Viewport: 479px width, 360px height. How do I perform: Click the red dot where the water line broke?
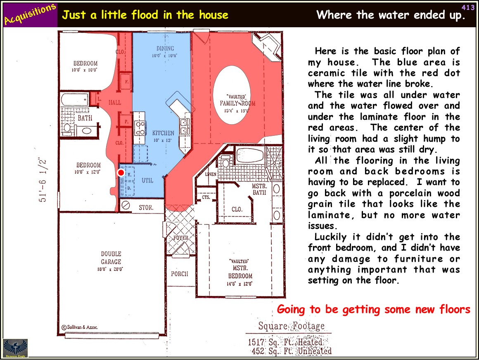click(x=121, y=173)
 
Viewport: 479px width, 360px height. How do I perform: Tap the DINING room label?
click(x=165, y=48)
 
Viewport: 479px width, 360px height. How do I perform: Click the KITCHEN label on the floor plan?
click(x=163, y=133)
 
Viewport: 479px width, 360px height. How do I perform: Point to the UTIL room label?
click(x=147, y=180)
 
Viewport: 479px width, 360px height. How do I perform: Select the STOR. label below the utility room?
click(x=146, y=208)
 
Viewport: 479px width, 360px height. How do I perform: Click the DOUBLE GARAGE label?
click(x=111, y=258)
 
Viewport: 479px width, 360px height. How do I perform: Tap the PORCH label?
click(x=180, y=274)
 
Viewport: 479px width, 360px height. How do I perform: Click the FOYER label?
click(x=181, y=237)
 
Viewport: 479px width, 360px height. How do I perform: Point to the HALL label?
click(x=115, y=103)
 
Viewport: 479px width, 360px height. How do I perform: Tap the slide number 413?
click(x=468, y=7)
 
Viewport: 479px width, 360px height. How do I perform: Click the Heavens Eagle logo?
click(x=15, y=348)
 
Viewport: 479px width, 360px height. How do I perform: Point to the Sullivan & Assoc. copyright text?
click(x=80, y=327)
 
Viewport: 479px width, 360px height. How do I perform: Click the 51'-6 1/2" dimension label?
click(x=43, y=180)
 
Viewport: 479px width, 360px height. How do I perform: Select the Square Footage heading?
click(x=292, y=326)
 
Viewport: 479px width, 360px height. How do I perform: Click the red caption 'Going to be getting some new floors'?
click(x=374, y=309)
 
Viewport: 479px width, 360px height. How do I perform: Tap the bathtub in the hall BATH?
click(x=75, y=99)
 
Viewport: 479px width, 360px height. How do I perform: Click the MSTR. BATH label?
click(x=259, y=189)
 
